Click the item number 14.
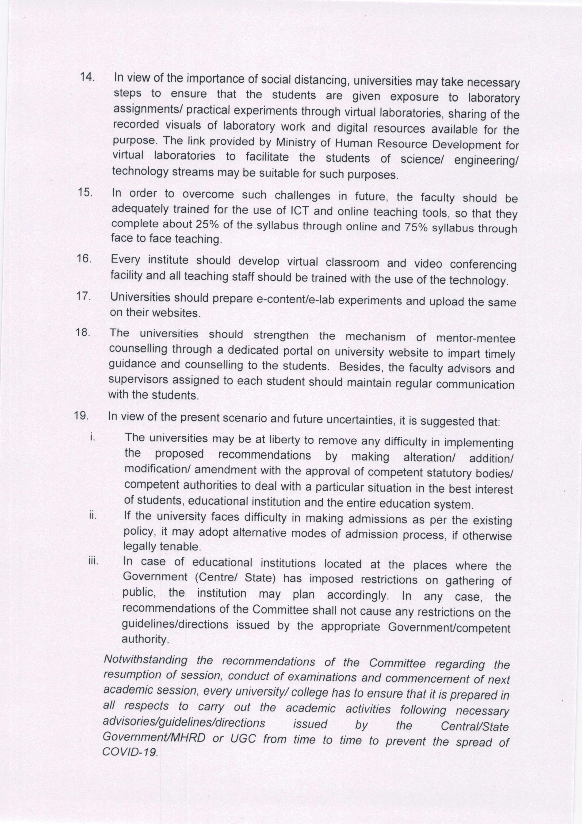(x=87, y=77)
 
